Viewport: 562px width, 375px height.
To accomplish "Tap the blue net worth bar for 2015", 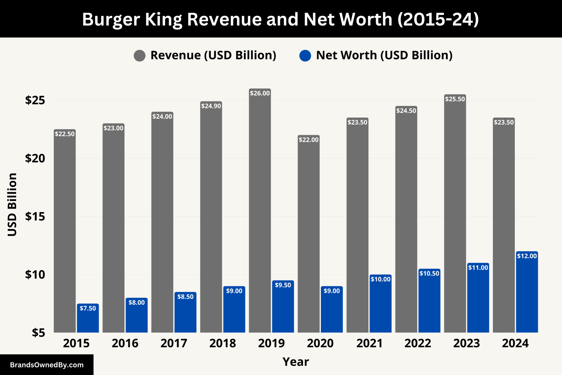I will (88, 320).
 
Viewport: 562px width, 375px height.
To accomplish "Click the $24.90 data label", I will (211, 106).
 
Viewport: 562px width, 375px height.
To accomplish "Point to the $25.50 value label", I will (455, 99).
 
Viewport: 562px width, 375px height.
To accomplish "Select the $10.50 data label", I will (429, 273).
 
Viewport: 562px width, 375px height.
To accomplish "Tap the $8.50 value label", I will (185, 297).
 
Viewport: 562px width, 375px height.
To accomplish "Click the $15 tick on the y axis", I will (35, 216).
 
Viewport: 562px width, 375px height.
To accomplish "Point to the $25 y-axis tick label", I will (35, 100).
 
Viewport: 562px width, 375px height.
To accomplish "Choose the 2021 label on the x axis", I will (369, 343).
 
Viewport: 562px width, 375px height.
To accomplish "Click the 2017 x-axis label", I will (174, 343).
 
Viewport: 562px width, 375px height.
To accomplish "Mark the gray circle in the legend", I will (139, 56).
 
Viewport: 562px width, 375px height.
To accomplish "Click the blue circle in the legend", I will (305, 56).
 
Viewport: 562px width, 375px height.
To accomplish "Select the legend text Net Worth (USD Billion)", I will (384, 55).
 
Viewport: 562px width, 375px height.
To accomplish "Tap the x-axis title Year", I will (296, 362).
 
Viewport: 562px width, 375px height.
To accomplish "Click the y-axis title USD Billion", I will (12, 204).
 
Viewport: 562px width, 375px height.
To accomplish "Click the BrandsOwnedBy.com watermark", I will (46, 365).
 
